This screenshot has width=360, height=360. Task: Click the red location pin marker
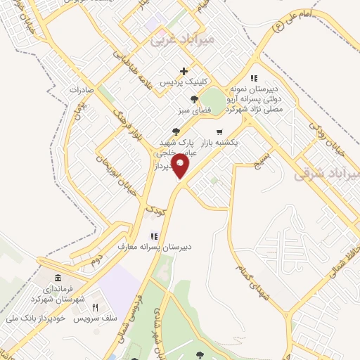pos(181,167)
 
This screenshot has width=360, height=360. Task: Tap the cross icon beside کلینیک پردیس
pos(184,71)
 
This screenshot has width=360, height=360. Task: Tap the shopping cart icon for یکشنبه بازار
pos(219,131)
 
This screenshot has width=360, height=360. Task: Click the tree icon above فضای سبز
pos(193,99)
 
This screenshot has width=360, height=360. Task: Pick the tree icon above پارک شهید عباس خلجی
pos(176,131)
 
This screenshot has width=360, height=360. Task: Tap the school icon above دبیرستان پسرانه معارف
pos(153,236)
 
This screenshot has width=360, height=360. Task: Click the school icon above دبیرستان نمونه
pos(254,78)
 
